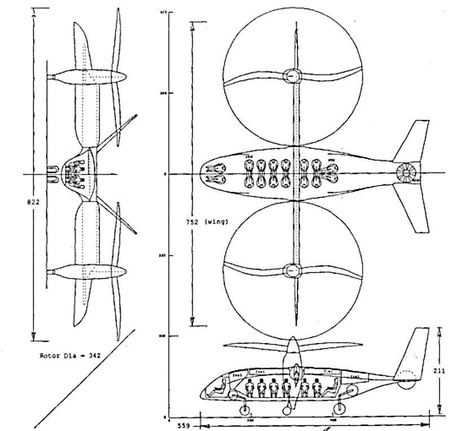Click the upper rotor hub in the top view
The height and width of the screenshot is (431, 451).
click(x=292, y=76)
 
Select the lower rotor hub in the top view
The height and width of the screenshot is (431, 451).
click(x=292, y=270)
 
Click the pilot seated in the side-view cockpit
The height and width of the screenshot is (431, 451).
click(x=222, y=387)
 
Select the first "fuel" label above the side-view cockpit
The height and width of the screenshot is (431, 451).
click(x=238, y=374)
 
